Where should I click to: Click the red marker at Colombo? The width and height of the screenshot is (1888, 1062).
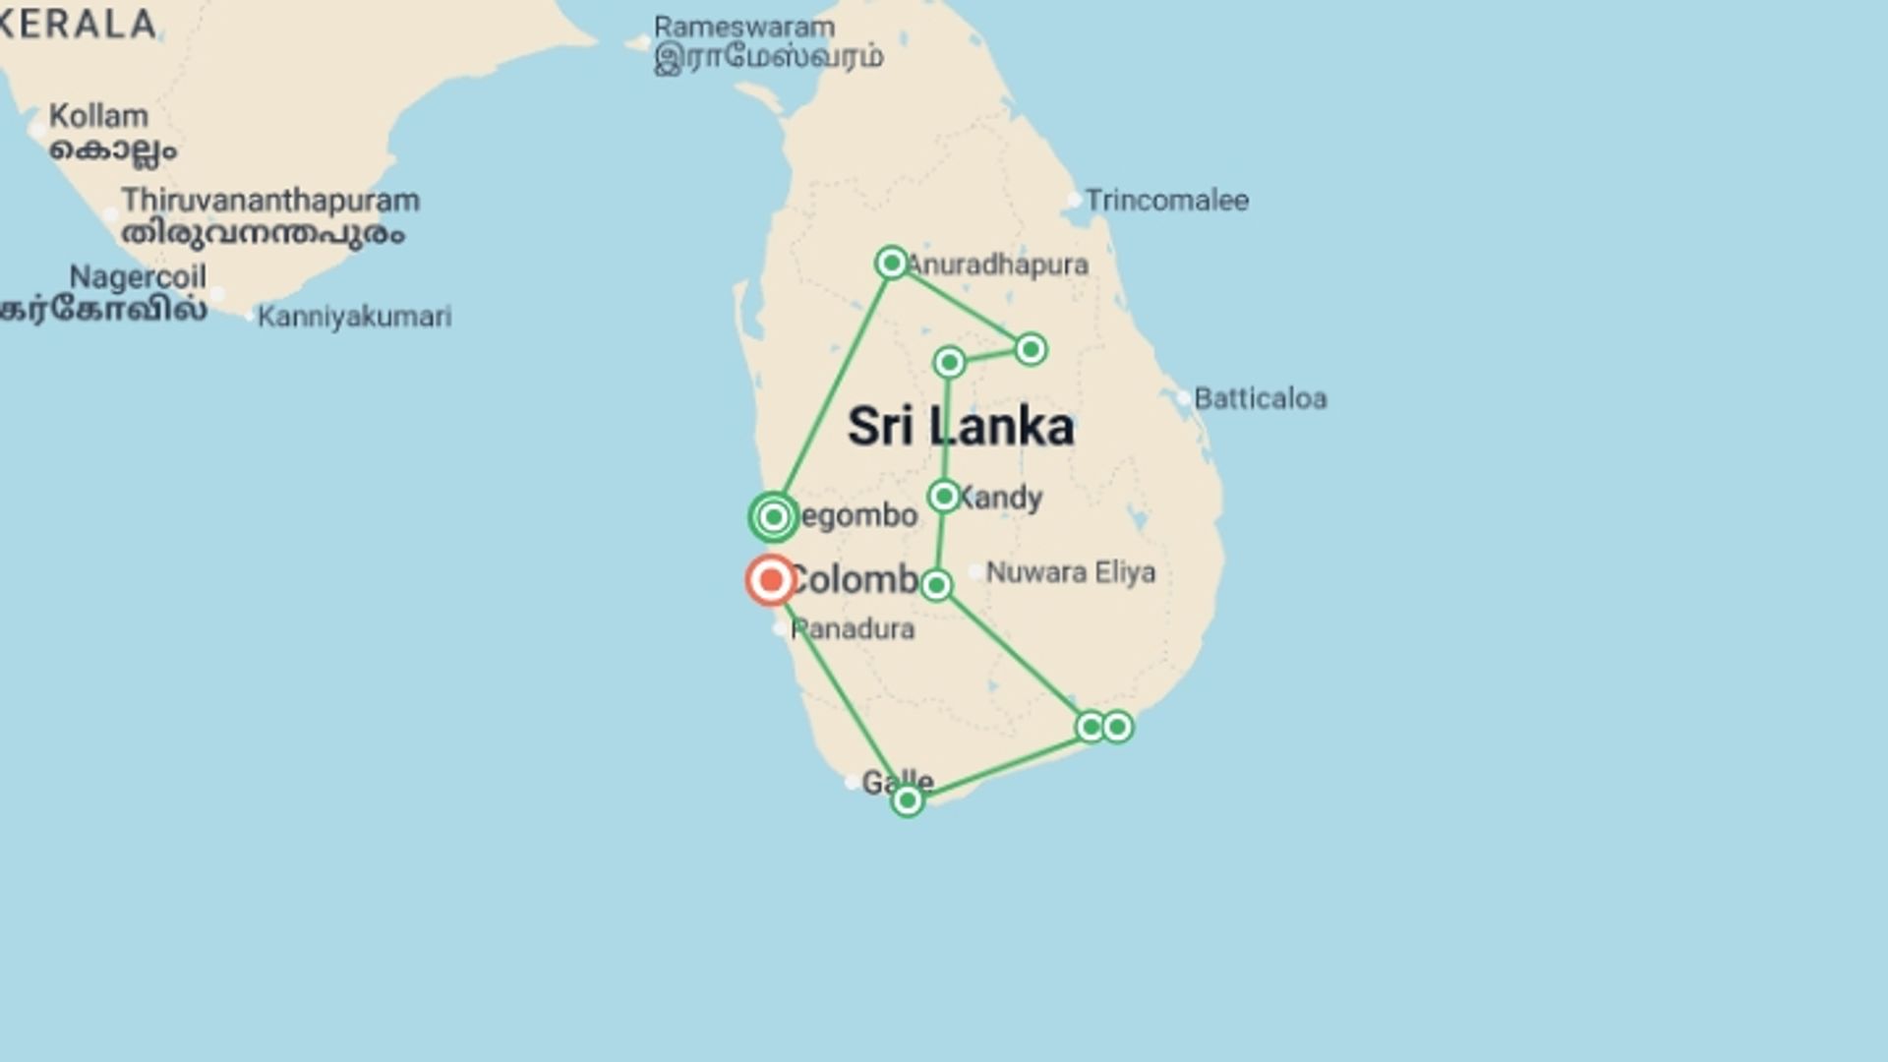point(771,580)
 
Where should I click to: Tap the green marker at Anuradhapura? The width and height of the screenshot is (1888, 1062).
point(891,263)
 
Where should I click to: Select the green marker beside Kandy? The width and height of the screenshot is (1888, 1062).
point(944,496)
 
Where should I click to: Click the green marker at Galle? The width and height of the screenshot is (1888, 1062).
point(907,800)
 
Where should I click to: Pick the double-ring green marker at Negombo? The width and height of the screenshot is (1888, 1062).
point(774,517)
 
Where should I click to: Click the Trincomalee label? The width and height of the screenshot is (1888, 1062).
point(1166,201)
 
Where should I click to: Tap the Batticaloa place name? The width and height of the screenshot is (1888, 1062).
point(1260,399)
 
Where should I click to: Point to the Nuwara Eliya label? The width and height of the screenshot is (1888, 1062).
point(1070,572)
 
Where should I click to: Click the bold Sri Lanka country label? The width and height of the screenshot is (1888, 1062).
point(961,427)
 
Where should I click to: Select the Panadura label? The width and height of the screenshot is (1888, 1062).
point(853,629)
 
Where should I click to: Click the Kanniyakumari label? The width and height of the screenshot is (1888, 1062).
point(354,317)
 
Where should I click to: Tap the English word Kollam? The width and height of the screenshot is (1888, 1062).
point(98,116)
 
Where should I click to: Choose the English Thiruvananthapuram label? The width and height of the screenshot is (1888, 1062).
point(270,201)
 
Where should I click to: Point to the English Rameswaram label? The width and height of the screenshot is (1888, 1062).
point(744,28)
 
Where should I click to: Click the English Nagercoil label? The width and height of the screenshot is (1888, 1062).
point(138,277)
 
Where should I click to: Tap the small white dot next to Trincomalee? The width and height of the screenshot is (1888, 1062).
point(1074,200)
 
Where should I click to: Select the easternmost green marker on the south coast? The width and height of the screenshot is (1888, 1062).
point(1117,727)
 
